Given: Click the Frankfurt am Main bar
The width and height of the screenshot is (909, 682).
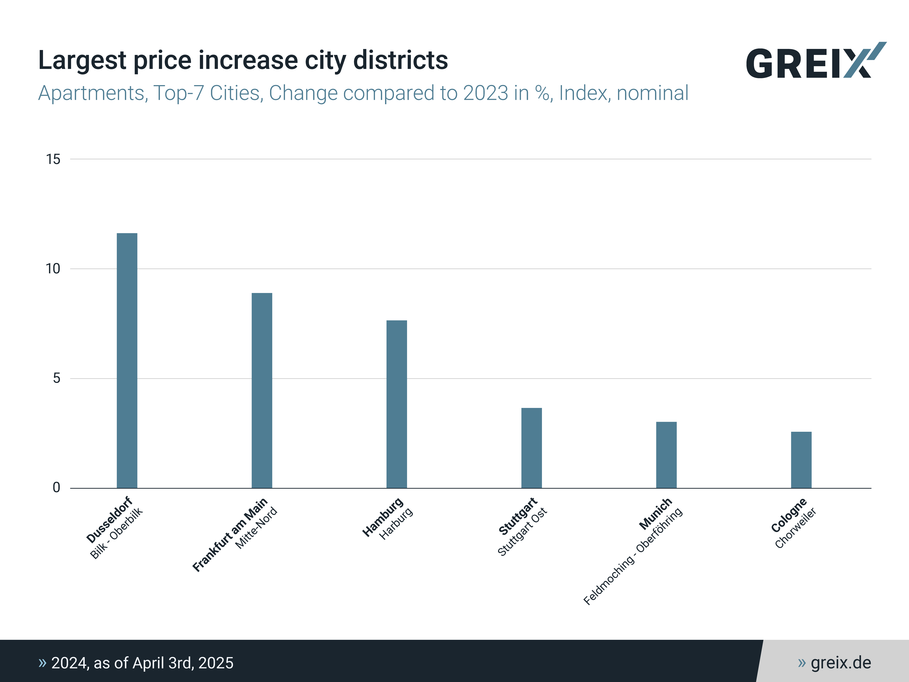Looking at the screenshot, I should [x=262, y=390].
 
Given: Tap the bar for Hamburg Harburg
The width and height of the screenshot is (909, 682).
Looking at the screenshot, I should [x=397, y=404].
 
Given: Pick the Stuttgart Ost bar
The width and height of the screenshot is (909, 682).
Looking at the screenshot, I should [x=531, y=448].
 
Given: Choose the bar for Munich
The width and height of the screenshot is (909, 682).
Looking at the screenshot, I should [x=666, y=455].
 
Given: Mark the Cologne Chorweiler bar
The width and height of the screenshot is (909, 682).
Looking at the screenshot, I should [x=801, y=460].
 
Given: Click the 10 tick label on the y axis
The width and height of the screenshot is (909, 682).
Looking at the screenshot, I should [x=53, y=269].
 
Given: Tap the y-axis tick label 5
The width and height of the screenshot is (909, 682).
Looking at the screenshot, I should [x=56, y=378].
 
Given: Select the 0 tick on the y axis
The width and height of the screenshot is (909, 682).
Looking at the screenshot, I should [x=56, y=488].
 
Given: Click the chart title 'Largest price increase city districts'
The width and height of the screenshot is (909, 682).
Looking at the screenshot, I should [x=243, y=60].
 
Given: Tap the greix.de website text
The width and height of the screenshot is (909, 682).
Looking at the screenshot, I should [x=840, y=663].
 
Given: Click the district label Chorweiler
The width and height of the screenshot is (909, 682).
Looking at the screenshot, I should [x=795, y=528].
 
